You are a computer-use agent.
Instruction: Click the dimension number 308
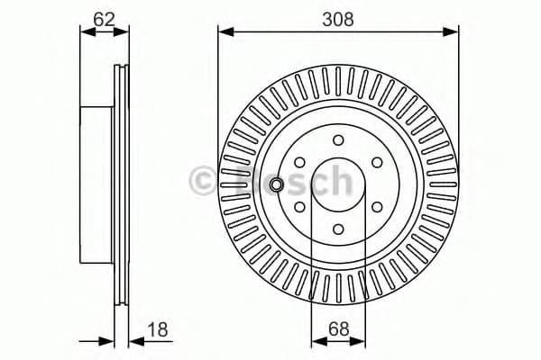(x=338, y=16)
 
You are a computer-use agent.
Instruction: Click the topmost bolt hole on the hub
(x=338, y=139)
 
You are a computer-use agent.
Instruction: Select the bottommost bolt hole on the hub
(x=338, y=229)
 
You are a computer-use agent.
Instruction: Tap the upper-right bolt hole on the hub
(x=377, y=162)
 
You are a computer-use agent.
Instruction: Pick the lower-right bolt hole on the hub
(x=377, y=206)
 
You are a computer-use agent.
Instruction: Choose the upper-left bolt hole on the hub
(x=299, y=162)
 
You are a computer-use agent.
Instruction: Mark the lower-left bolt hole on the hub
(x=299, y=206)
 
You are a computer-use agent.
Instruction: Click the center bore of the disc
(x=338, y=184)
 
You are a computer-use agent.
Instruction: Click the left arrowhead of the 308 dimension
(x=223, y=32)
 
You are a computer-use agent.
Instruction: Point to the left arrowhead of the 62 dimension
(x=86, y=32)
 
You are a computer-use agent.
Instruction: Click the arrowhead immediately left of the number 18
(x=134, y=340)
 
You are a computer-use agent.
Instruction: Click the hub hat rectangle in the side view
(x=98, y=184)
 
